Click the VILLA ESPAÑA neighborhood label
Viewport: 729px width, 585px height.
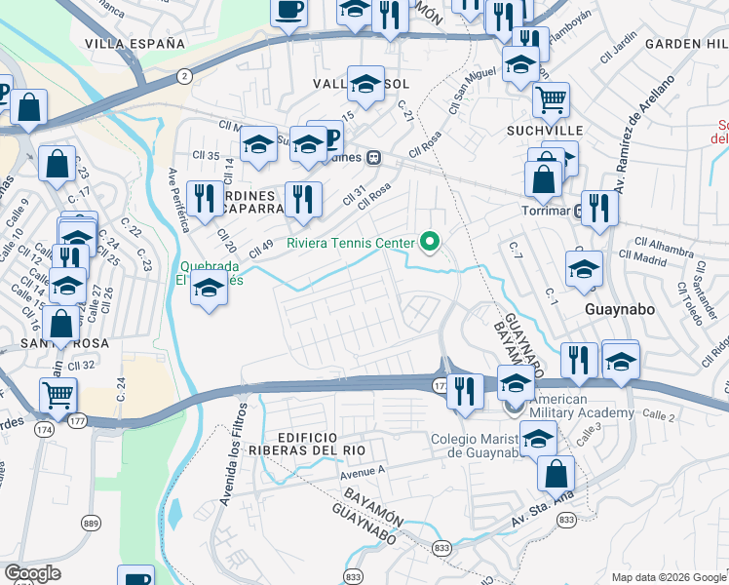click(134, 44)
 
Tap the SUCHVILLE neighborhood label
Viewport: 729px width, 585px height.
click(544, 130)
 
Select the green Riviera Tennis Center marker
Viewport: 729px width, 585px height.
click(428, 241)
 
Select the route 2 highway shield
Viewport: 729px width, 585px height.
click(184, 75)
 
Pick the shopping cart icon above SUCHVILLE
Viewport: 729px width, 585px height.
click(552, 98)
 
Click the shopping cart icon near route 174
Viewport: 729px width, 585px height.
click(58, 394)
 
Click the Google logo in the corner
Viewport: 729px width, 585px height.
click(33, 573)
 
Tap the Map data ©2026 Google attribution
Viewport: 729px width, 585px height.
click(669, 577)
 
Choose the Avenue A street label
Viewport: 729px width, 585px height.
click(363, 474)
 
